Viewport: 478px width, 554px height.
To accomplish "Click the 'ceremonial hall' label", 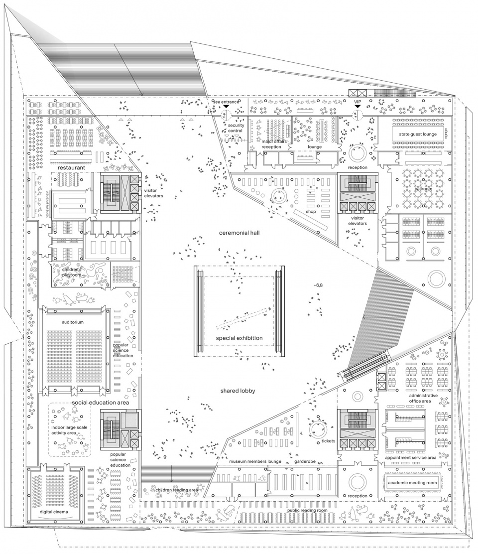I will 240,233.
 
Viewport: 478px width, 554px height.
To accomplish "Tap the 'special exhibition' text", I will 239,338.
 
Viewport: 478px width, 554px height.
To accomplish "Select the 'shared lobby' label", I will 238,391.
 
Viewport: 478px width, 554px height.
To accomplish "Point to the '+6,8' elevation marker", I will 319,285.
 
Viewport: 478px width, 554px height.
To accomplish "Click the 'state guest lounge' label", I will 414,135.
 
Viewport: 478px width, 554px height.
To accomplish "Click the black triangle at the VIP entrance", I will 357,107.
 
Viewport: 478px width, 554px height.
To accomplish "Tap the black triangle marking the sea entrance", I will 226,107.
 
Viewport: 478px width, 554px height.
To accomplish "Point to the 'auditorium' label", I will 73,322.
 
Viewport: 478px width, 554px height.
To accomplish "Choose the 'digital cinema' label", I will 55,511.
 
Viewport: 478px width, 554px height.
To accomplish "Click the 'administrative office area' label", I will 423,398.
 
